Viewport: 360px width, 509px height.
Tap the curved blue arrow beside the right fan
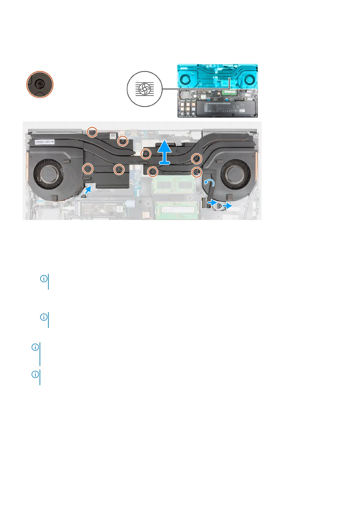pos(209,182)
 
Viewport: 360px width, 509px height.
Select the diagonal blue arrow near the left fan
pos(88,190)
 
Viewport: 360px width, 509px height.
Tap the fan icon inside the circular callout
pos(144,89)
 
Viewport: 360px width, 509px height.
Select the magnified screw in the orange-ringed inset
pos(40,84)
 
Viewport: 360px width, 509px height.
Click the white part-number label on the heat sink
pos(44,142)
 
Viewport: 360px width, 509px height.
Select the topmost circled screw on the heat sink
pos(92,132)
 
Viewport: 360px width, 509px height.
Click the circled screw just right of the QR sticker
pos(123,141)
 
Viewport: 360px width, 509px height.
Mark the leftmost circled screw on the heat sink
pos(88,168)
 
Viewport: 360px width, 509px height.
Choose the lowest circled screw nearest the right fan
pos(197,172)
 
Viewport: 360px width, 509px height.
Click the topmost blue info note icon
pos(44,279)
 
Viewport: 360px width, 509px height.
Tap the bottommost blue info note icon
pos(35,374)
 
